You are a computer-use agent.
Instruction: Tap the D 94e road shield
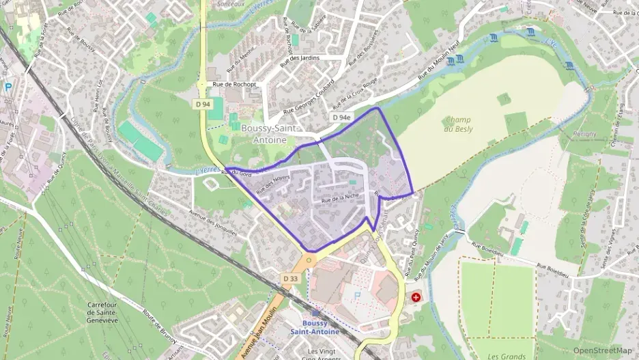341,117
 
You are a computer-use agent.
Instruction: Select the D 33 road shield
290,279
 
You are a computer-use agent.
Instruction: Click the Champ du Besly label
457,124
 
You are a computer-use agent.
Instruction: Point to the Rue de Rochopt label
234,85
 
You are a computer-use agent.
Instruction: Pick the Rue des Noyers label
273,185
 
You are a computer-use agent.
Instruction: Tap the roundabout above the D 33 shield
309,260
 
